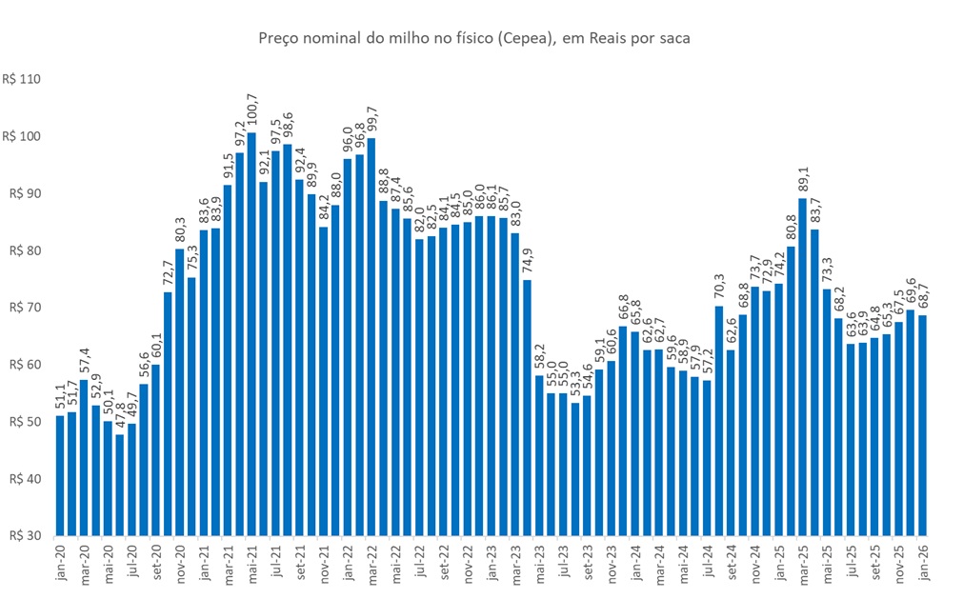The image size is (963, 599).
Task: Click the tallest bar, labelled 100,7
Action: tap(251, 333)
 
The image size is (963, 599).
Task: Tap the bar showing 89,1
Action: tap(801, 367)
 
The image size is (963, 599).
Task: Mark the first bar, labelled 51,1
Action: tap(60, 475)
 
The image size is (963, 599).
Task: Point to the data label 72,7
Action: tap(169, 273)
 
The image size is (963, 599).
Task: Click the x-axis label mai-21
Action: tap(251, 563)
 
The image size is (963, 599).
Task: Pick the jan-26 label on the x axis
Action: tap(921, 563)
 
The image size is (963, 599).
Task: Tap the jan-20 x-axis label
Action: tap(60, 563)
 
